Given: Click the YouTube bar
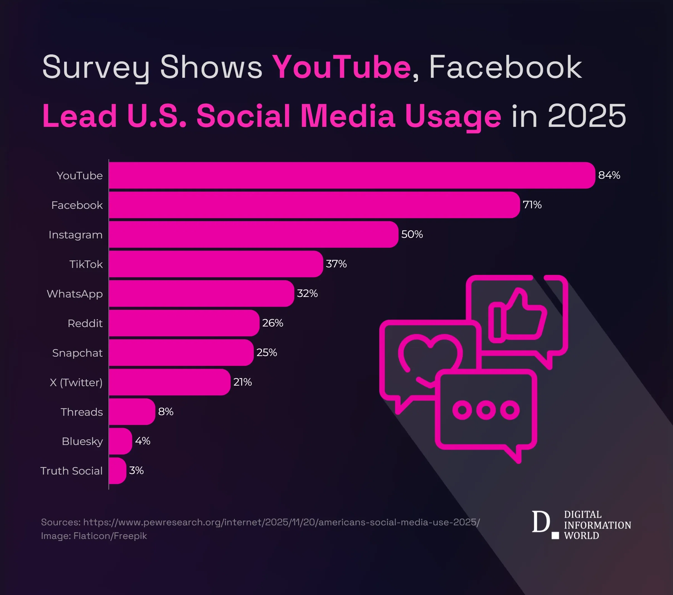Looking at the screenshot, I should click(352, 175).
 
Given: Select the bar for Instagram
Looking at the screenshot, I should click(254, 234).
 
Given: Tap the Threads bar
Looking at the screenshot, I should click(132, 412).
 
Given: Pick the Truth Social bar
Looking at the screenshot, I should click(117, 470).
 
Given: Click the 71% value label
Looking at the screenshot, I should click(532, 205).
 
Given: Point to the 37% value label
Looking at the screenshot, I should click(336, 264).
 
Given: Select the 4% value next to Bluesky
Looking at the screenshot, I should click(143, 441).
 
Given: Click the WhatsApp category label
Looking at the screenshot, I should click(75, 294).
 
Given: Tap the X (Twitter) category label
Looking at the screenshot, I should click(76, 382).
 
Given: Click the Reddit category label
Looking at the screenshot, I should click(85, 323).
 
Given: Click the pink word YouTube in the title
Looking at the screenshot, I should click(342, 67).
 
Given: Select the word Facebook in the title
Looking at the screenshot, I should click(506, 67).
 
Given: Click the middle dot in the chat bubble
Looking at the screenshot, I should click(486, 410).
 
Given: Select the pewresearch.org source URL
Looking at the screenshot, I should click(281, 522).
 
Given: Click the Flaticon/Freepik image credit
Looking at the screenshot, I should click(110, 536).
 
